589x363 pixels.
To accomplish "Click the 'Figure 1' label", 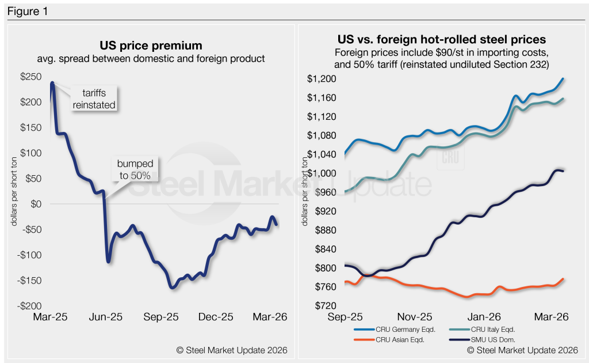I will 28,10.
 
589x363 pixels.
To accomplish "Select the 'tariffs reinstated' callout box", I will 94,100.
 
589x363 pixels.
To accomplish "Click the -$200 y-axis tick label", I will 30,306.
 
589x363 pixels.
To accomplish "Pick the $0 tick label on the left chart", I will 36,204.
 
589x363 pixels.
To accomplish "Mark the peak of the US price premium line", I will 52,83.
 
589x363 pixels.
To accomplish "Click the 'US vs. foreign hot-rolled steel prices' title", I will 441,40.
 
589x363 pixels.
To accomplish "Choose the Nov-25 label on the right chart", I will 414,317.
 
